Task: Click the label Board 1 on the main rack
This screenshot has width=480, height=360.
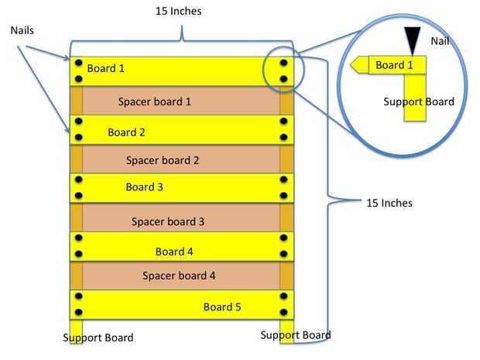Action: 105,69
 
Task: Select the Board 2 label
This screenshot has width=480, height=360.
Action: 126,132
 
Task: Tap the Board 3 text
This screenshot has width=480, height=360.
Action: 144,187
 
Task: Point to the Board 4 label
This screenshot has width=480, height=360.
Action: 174,252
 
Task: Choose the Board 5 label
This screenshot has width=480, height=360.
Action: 222,307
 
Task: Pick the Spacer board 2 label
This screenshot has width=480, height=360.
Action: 163,161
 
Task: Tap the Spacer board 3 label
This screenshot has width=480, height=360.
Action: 168,221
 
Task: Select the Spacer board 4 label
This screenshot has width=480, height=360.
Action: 179,276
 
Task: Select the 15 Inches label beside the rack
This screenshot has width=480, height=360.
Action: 389,204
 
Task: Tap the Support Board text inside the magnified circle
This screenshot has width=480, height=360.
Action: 419,101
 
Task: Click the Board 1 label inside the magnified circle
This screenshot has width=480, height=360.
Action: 394,66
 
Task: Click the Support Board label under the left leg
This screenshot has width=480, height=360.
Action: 98,338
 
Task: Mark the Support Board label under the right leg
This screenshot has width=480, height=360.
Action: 296,335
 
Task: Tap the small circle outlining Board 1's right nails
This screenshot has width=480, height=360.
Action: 283,71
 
